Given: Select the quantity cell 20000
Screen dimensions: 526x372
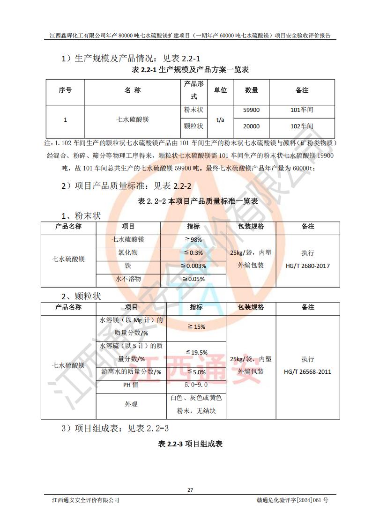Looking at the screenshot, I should [252, 126].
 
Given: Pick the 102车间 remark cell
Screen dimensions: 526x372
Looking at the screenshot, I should [302, 126].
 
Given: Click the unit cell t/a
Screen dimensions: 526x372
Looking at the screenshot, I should [220, 119].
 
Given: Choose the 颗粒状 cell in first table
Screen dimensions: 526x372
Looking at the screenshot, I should [193, 126].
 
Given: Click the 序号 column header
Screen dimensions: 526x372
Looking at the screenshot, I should [65, 90].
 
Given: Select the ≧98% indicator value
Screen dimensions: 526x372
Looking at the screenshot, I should [193, 240].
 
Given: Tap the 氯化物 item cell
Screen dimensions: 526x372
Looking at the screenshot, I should [128, 253].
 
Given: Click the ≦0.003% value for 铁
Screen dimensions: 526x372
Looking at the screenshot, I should [193, 266].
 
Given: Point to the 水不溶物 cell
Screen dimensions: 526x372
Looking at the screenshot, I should [128, 279].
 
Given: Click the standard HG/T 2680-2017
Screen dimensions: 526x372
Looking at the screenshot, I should [307, 266].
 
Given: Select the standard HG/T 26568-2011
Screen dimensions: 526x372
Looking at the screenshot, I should [307, 372].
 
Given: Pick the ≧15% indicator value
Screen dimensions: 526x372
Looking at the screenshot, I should [196, 327].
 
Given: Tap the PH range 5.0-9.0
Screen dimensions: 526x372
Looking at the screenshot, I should [196, 385].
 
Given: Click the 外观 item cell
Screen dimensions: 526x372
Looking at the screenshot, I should [131, 404].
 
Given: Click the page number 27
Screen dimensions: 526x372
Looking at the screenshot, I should [190, 490].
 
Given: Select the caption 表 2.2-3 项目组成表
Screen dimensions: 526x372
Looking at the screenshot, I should [190, 444].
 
